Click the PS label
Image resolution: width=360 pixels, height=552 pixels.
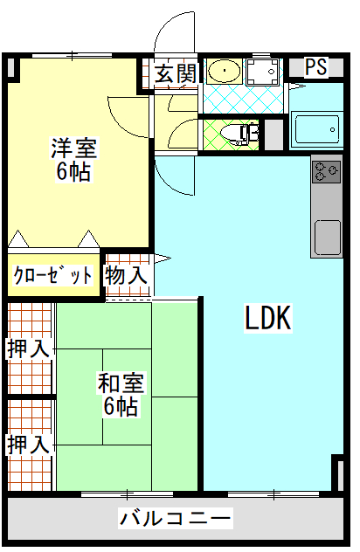point(316,67)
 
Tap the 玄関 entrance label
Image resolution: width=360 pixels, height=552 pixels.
point(176,73)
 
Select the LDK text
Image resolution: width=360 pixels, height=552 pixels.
point(268,318)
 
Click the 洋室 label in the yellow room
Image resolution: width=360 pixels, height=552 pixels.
point(74,148)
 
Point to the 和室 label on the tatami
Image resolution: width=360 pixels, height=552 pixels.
point(121,383)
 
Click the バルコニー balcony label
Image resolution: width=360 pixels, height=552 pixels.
point(176,518)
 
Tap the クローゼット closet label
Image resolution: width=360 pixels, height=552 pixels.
point(52,275)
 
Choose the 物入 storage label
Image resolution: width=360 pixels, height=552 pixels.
point(126,275)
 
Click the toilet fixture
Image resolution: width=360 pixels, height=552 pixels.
point(239,134)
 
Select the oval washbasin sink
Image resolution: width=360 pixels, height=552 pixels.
point(225,71)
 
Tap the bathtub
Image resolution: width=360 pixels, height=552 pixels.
point(316,129)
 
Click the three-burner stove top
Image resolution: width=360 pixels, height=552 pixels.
point(327,171)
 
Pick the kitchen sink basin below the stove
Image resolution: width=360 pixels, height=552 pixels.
point(328,238)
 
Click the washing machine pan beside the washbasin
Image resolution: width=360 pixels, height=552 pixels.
point(263,72)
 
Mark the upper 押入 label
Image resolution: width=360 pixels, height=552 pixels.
point(28,348)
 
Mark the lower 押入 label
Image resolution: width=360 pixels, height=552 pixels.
point(28,445)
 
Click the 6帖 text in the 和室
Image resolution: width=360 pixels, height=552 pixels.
point(121,406)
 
